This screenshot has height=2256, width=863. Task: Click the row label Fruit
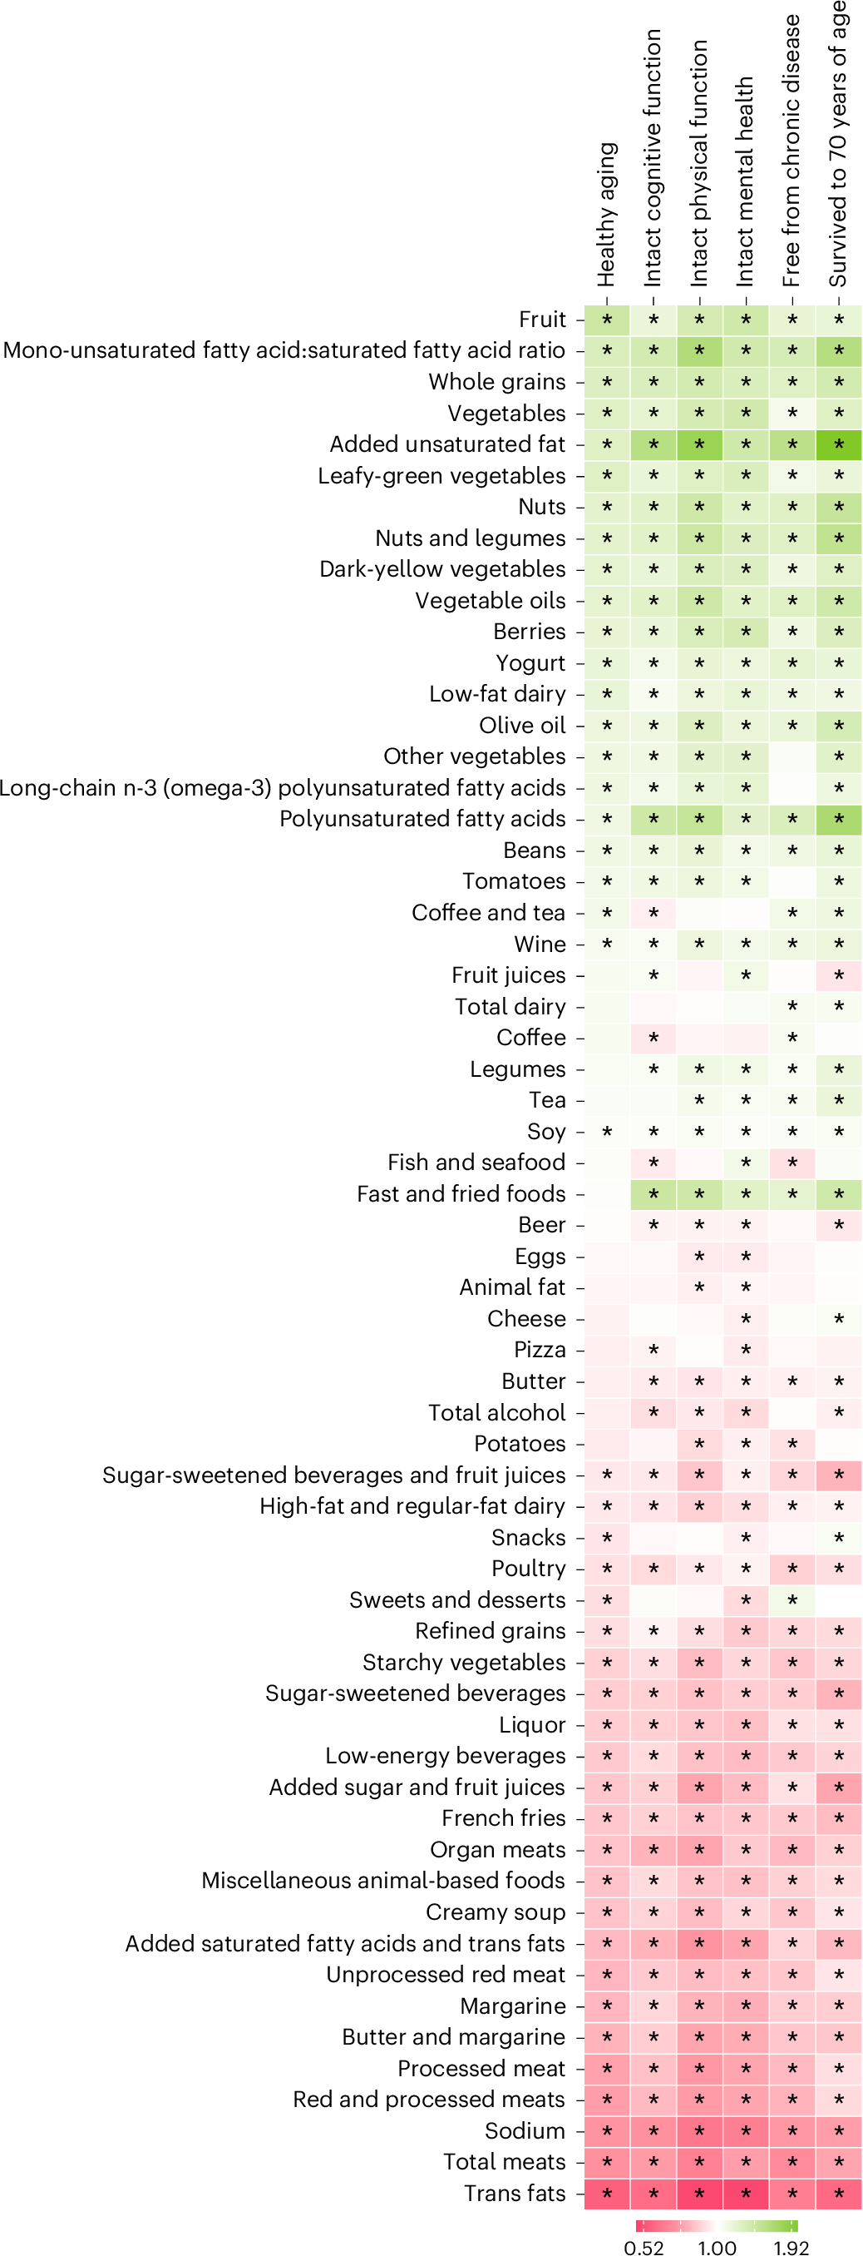(x=542, y=320)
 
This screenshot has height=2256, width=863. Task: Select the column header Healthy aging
(x=607, y=216)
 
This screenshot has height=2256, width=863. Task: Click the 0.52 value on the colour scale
(x=644, y=2247)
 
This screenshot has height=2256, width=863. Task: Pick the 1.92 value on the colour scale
(x=791, y=2247)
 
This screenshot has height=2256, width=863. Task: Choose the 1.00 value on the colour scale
(x=717, y=2247)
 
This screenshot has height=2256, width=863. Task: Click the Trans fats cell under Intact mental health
(x=746, y=2194)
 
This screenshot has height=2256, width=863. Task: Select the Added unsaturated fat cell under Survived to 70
(x=839, y=445)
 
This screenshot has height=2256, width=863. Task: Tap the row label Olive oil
(x=521, y=725)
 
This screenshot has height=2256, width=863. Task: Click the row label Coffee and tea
(x=488, y=913)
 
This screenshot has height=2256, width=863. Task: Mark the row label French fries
(x=503, y=1818)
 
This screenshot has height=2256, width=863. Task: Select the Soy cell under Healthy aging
(x=607, y=1132)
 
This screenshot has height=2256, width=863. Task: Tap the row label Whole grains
(x=496, y=382)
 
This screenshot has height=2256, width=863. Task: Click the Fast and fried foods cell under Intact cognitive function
(x=653, y=1193)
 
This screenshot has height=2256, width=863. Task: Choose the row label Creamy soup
(x=496, y=1911)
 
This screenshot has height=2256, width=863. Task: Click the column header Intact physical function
(x=698, y=163)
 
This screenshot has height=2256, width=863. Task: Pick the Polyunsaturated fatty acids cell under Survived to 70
(x=839, y=819)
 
